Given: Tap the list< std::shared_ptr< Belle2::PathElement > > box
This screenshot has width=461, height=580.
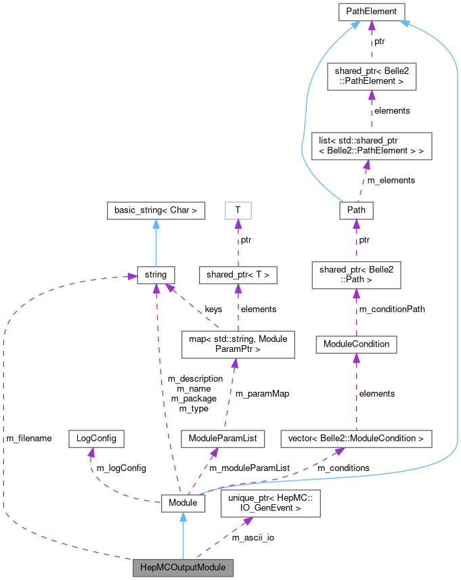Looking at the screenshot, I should [x=371, y=146].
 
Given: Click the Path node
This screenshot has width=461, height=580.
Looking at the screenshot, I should [x=356, y=210].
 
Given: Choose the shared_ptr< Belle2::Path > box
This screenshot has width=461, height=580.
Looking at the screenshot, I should [x=356, y=274].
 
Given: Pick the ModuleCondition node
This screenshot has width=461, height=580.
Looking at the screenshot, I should [x=356, y=344].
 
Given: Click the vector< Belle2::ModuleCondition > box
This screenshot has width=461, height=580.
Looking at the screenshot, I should [x=356, y=439].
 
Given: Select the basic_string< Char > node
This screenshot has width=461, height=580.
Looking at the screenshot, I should [x=156, y=210].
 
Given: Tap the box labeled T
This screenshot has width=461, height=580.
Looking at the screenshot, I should [x=238, y=210].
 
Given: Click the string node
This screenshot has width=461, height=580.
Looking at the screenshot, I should [x=156, y=275].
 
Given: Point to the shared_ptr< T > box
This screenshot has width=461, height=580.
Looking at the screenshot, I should [x=238, y=275].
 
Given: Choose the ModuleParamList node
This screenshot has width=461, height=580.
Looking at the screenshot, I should [x=223, y=439].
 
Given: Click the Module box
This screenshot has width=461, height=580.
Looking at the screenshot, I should [x=182, y=503].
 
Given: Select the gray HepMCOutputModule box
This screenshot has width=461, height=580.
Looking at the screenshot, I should [x=183, y=567].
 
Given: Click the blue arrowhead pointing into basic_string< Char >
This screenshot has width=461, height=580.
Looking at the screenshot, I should [x=156, y=224].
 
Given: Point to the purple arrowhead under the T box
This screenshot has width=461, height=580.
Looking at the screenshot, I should [x=238, y=224].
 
